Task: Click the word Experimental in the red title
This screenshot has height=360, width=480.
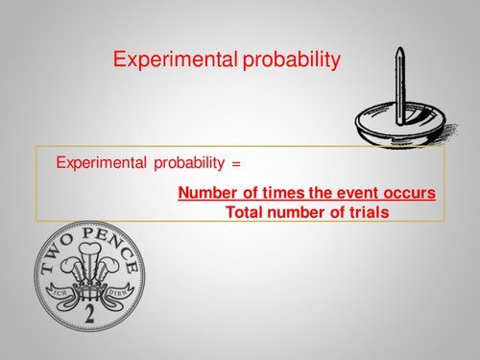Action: pyautogui.click(x=169, y=60)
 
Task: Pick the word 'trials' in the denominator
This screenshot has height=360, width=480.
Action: pyautogui.click(x=366, y=212)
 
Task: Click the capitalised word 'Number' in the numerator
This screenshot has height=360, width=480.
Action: pyautogui.click(x=207, y=194)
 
